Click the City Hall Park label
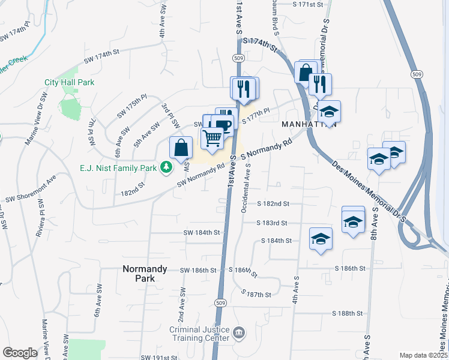(x=70, y=82)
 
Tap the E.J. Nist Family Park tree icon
(x=164, y=167)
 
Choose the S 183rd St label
(x=272, y=223)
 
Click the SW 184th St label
(x=202, y=232)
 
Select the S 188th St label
(x=348, y=313)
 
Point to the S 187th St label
(x=256, y=294)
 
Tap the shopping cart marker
(x=212, y=138)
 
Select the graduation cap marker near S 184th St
(x=321, y=239)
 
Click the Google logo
(x=20, y=353)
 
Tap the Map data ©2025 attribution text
(x=423, y=355)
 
